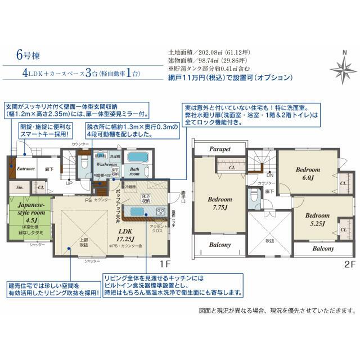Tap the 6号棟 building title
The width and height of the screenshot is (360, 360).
pos(26,56)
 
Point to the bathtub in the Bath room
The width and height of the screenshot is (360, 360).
pos(136,157)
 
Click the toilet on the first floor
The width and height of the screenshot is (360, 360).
pos(84,163)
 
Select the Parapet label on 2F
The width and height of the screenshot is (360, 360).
pos(222,150)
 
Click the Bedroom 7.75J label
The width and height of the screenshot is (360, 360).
pos(219,203)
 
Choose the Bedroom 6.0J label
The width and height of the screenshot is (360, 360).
pos(307,173)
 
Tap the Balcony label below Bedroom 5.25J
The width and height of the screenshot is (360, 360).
pos(323,248)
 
